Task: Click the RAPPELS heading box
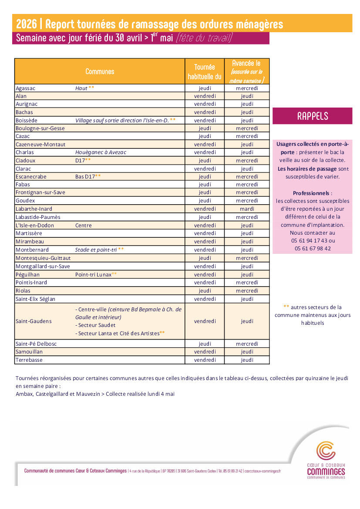click(312, 116)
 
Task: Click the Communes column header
click(100, 71)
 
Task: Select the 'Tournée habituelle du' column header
click(205, 72)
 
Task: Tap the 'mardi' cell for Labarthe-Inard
click(247, 209)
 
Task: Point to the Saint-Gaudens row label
click(34, 321)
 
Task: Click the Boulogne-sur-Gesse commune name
click(40, 128)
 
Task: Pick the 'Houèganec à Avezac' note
click(101, 152)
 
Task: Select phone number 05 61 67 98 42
click(313, 249)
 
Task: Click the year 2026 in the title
click(26, 24)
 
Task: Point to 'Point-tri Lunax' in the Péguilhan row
click(93, 274)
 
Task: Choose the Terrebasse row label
click(29, 360)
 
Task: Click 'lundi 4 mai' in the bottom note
click(160, 394)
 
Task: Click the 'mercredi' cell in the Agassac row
click(247, 88)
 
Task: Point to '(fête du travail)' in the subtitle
click(204, 38)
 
